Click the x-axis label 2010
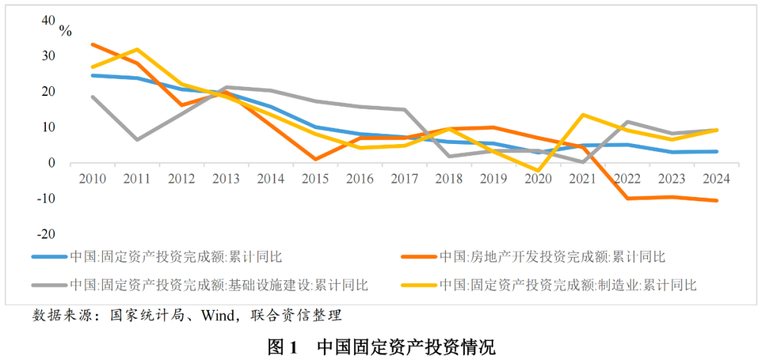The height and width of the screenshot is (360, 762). tap(92, 179)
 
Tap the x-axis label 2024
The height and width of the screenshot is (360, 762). tap(715, 179)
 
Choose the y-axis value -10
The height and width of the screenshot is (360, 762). tap(46, 198)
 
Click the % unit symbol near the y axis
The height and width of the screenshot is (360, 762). tap(65, 30)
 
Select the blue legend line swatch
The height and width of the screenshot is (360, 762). tap(49, 257)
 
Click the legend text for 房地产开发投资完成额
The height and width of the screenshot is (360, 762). tap(552, 257)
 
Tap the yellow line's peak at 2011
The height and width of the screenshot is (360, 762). tap(137, 49)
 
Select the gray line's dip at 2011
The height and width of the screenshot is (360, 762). tap(137, 140)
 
